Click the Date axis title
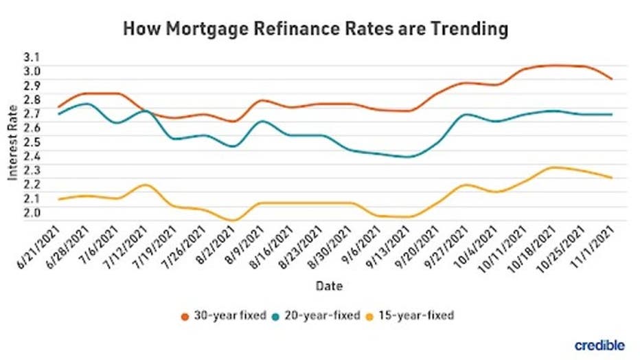[x=329, y=284]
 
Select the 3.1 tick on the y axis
[x=32, y=57]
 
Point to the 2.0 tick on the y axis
[x=32, y=212]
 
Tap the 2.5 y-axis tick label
[x=32, y=142]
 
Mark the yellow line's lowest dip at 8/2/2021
[x=233, y=221]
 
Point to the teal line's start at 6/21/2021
[x=59, y=113]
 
